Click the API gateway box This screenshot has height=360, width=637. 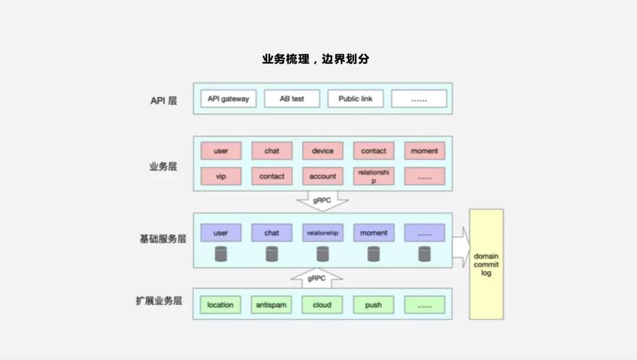pos(228,99)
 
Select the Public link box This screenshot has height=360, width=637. pos(356,99)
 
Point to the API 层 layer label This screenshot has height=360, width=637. pos(163,100)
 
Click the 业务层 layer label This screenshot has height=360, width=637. pos(163,166)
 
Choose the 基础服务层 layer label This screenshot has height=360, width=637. pos(163,239)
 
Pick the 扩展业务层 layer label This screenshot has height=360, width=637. pos(159,301)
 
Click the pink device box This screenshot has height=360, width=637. pos(323,151)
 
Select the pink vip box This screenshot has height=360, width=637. pos(221,176)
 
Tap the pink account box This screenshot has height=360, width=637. pos(323,176)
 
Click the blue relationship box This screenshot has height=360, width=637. pos(323,233)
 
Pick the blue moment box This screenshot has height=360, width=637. pos(373,233)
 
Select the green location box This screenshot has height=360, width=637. pos(221,305)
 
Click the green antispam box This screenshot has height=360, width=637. pos(271,305)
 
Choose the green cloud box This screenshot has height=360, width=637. pos(322,305)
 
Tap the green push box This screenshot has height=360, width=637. pos(373,305)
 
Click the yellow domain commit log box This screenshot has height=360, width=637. pos(486,264)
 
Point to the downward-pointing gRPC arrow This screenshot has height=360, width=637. pos(323,201)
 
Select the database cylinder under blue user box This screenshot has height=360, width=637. pos(221,254)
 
